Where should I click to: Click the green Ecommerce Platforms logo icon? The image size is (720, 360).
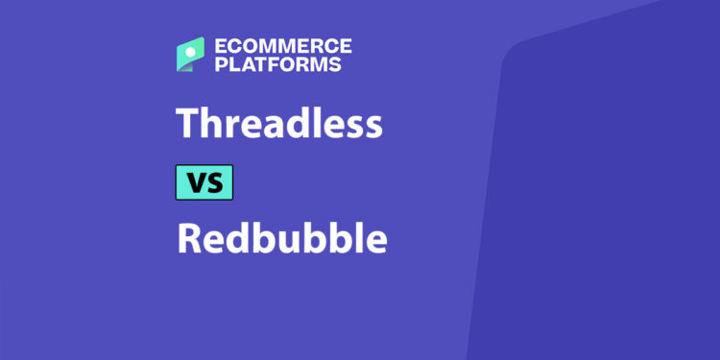(190, 55)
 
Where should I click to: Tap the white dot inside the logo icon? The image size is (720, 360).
(194, 48)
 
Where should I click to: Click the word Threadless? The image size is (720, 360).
(279, 125)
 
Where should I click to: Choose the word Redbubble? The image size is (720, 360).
(281, 237)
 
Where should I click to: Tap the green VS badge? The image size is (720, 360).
(204, 181)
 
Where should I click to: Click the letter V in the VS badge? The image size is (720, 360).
(195, 181)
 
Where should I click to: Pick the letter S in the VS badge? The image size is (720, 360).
(214, 181)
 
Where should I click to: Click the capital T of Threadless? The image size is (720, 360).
(187, 126)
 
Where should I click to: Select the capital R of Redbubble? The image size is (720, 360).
(188, 238)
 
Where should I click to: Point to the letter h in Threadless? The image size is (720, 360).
(211, 125)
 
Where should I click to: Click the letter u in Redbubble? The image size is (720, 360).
(279, 241)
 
